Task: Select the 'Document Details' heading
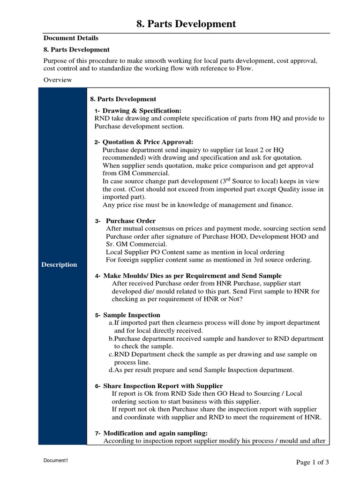coord(71,38)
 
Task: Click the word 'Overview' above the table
coord(58,80)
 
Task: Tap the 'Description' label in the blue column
coord(59,264)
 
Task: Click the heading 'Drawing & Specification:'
coord(142,111)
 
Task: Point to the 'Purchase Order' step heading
coord(131,221)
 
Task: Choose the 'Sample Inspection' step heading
coord(132,315)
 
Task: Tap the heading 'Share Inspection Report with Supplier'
coord(163,386)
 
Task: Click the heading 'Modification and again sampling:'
coord(155,433)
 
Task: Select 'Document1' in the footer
coord(56,461)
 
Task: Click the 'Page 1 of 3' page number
coord(313,462)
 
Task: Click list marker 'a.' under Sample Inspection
coord(111,323)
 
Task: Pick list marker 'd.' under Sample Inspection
coord(111,370)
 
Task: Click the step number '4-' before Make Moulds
coord(98,276)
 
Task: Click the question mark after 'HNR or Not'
coord(241,300)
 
